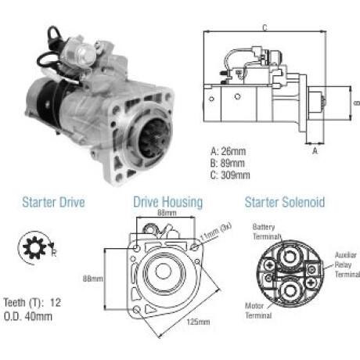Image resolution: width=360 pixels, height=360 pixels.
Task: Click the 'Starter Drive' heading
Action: (53, 203)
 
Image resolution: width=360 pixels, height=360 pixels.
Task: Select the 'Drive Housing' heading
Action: (168, 203)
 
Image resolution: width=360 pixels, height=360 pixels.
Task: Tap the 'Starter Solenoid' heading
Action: (285, 203)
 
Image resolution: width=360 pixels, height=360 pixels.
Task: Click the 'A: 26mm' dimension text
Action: (229, 151)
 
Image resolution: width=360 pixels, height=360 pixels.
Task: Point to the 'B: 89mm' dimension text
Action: (228, 163)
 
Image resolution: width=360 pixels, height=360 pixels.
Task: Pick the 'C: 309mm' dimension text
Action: (230, 175)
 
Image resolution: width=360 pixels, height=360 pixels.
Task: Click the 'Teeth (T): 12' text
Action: (32, 303)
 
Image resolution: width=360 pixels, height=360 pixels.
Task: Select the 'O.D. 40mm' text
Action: (28, 316)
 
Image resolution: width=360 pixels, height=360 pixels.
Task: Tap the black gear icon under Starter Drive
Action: (34, 247)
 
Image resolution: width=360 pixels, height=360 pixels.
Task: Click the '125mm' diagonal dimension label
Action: (198, 322)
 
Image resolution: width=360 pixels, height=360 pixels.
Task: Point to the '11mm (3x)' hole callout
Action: (216, 232)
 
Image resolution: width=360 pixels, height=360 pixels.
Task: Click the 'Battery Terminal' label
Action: (266, 232)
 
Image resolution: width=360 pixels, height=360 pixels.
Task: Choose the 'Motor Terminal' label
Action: (258, 311)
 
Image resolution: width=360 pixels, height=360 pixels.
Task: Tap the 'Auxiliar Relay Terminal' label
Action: (347, 265)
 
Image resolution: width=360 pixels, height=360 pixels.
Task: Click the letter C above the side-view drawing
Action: (265, 27)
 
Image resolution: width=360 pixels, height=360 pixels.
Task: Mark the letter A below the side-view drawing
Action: (315, 151)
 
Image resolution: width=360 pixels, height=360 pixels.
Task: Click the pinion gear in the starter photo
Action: (154, 139)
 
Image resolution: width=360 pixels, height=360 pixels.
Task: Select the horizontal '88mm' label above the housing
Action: (167, 213)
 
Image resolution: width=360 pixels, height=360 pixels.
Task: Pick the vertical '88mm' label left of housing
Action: (93, 279)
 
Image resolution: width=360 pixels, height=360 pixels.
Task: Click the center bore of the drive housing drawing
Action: (164, 271)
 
